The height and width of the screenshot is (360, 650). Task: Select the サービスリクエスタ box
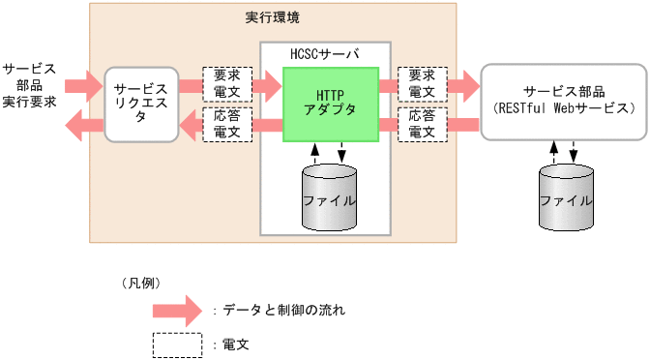tap(141, 104)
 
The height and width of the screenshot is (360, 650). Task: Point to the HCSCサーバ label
tap(325, 53)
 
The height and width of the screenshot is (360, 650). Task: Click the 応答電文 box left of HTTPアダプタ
tap(227, 124)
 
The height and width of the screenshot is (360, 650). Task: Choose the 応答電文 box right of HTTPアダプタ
tap(423, 124)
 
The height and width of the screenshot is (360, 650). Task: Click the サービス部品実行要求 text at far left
tap(29, 85)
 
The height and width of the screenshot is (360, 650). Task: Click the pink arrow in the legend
tap(179, 311)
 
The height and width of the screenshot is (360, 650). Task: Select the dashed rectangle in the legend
tap(177, 344)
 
